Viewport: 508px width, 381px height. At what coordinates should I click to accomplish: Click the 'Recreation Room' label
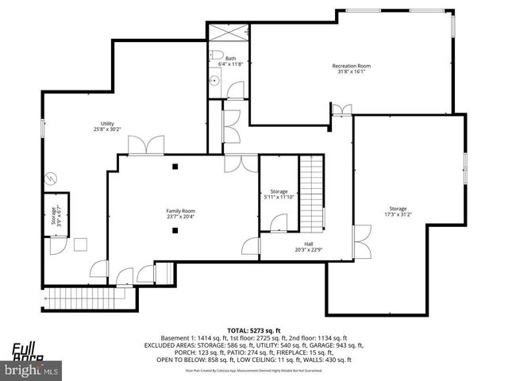point(351,66)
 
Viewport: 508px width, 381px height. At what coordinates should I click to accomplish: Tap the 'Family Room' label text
point(180,211)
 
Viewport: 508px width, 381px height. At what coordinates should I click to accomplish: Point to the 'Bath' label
point(230,58)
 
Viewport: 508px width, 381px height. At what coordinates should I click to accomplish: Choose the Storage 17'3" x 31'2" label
point(403,209)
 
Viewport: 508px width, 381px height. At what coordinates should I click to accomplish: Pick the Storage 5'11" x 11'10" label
point(279,191)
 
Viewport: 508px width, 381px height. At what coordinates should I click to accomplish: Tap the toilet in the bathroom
point(216,55)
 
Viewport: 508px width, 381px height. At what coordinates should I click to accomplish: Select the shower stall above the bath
point(229,34)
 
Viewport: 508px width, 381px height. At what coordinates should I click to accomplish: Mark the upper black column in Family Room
point(175,167)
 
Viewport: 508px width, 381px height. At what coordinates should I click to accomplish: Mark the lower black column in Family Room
point(175,230)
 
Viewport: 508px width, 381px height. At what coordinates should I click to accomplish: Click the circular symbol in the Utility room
point(53,178)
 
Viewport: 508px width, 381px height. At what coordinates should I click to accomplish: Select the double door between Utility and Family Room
point(147,146)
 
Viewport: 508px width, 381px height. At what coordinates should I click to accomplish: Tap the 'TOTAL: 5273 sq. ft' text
point(254,329)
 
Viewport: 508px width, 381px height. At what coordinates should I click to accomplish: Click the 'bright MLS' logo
point(32,370)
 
